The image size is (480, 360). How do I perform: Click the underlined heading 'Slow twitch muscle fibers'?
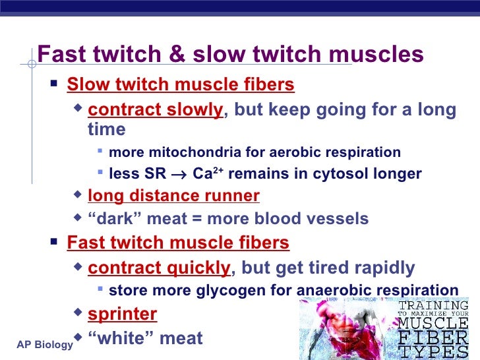tap(181, 85)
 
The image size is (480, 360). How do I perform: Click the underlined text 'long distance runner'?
tap(173, 196)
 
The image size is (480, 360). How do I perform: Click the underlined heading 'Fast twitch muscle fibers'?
tap(178, 243)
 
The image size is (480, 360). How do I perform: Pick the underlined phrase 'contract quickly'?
tap(159, 267)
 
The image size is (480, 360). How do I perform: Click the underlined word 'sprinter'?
tap(122, 313)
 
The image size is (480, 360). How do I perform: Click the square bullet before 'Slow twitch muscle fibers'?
tap(54, 85)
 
